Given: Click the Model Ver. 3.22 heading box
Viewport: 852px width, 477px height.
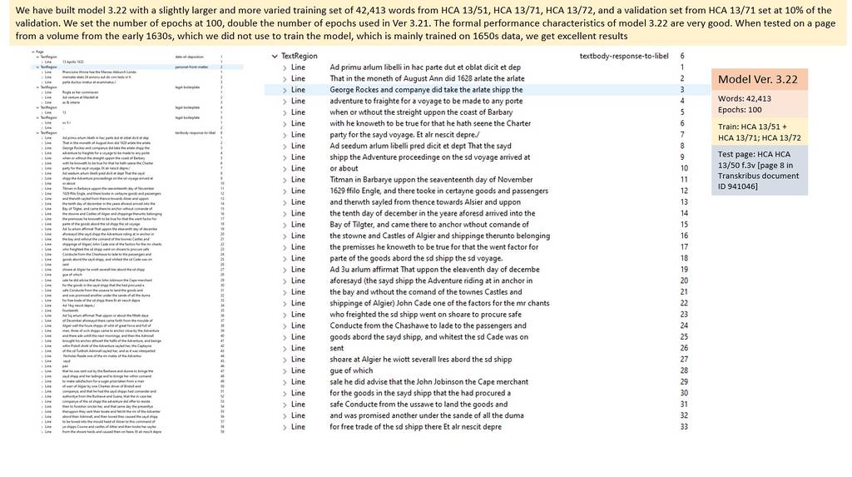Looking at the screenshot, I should pyautogui.click(x=758, y=80).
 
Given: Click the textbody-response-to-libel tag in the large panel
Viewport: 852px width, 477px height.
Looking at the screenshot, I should pyautogui.click(x=624, y=55).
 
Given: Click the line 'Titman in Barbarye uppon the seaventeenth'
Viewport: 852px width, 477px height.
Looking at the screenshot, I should pyautogui.click(x=431, y=179).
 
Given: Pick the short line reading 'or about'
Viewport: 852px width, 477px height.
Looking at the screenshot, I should pyautogui.click(x=344, y=168).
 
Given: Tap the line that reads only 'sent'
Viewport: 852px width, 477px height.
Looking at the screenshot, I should pyautogui.click(x=336, y=348).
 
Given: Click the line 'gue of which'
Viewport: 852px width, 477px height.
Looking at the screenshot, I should pyautogui.click(x=351, y=370).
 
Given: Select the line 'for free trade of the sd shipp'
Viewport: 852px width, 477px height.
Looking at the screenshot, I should pyautogui.click(x=415, y=427).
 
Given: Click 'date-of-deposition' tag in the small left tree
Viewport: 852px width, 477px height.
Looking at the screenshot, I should pyautogui.click(x=190, y=56).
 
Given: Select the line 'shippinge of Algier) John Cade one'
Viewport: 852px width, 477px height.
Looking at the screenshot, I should pyautogui.click(x=439, y=303).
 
